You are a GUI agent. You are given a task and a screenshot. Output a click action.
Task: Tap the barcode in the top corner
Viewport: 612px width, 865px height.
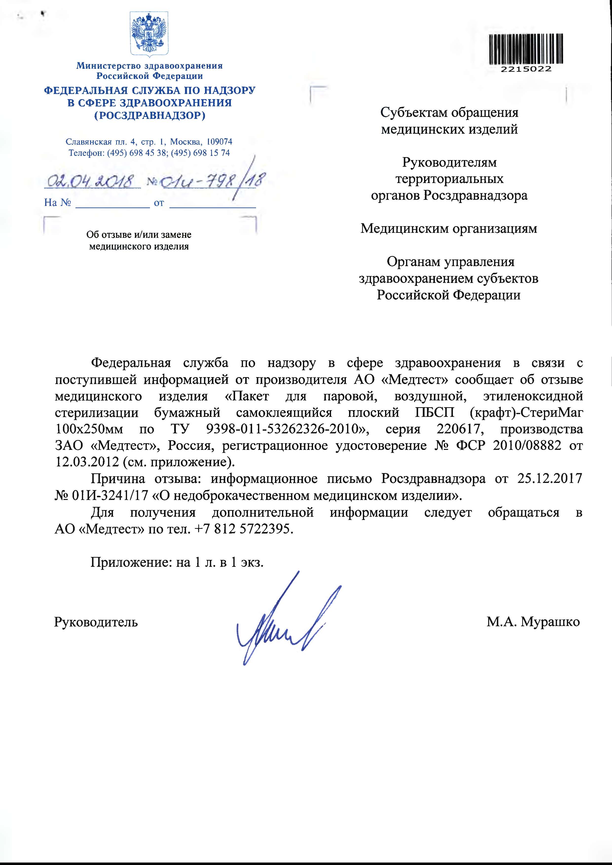coord(526,49)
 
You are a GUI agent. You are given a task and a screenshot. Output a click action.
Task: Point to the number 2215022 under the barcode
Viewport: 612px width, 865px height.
coord(526,69)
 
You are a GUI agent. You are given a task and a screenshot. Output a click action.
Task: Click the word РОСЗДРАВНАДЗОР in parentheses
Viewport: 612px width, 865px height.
coord(150,115)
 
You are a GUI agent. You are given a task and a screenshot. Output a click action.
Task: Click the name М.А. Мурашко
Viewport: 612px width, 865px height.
coord(533,622)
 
